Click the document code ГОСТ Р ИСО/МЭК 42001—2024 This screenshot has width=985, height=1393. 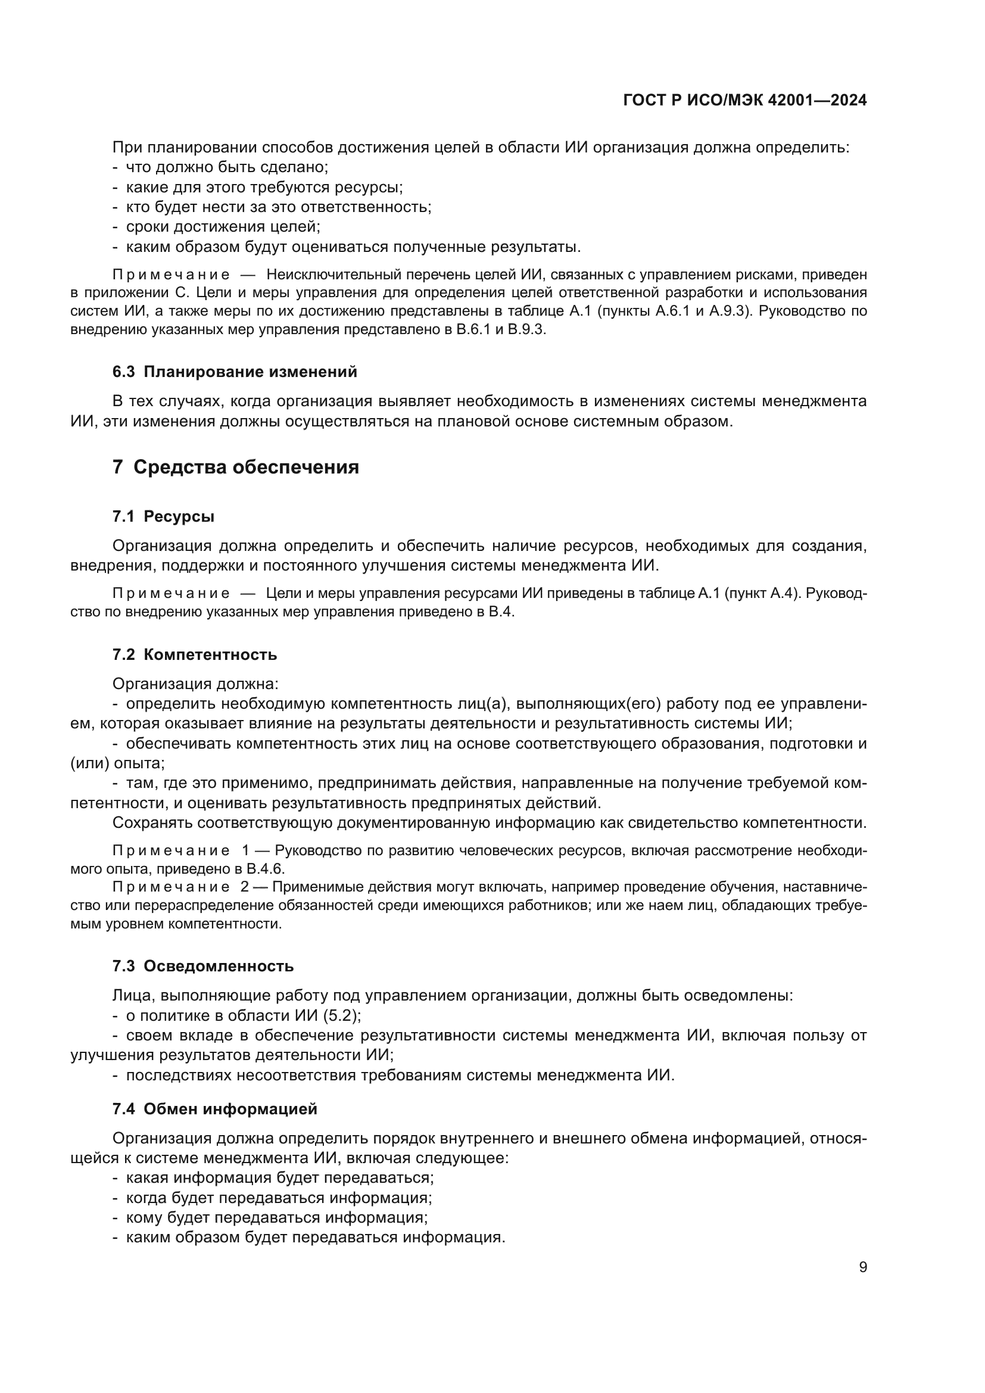(744, 101)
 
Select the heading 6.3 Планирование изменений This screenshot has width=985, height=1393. (235, 372)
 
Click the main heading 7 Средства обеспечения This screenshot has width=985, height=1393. (236, 467)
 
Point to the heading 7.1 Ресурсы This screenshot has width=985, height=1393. (163, 516)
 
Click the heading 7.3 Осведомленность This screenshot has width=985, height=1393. (202, 966)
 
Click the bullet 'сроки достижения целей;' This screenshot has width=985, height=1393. (223, 227)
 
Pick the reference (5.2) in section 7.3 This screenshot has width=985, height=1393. (342, 1015)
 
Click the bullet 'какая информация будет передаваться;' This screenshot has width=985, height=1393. (280, 1177)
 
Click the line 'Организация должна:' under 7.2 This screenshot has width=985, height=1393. (195, 684)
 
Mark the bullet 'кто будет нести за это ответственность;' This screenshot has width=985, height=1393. (278, 207)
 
